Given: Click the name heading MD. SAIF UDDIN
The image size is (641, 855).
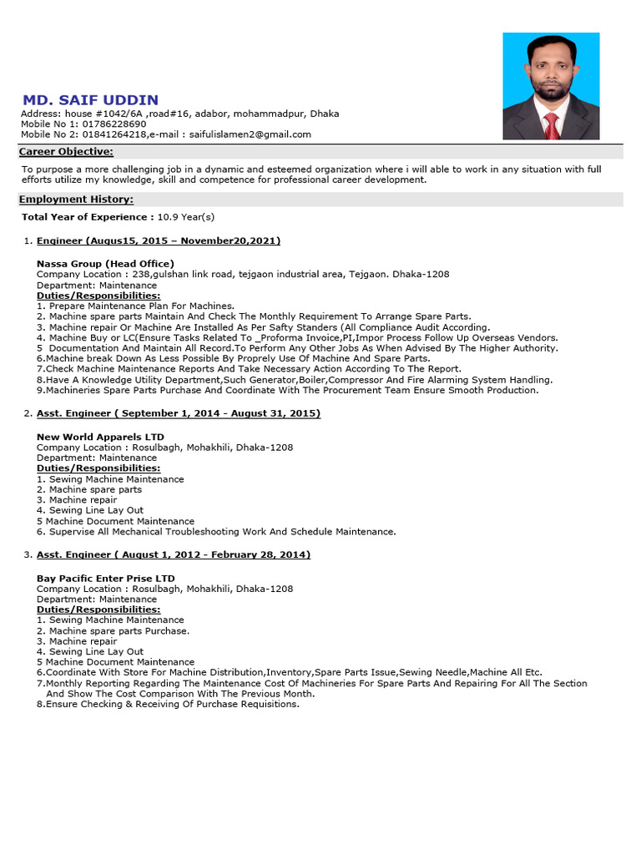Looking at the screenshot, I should [x=89, y=100].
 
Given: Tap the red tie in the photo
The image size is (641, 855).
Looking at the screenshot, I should [x=552, y=125].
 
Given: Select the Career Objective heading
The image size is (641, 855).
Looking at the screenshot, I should [x=66, y=152].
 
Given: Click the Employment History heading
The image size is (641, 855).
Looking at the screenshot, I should [x=76, y=200].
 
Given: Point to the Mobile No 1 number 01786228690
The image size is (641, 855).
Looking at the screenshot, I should [x=111, y=124].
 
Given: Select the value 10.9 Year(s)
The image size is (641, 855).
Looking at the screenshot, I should [x=186, y=217].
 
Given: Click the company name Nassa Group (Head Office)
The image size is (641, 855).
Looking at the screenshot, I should [x=105, y=264].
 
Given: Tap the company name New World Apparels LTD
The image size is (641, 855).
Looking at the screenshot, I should [x=100, y=437].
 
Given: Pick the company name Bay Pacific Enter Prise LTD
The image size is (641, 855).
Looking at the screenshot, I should [x=106, y=578].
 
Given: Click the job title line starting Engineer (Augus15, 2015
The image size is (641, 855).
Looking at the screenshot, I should [x=159, y=240].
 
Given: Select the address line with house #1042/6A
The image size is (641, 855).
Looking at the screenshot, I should [x=179, y=114].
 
